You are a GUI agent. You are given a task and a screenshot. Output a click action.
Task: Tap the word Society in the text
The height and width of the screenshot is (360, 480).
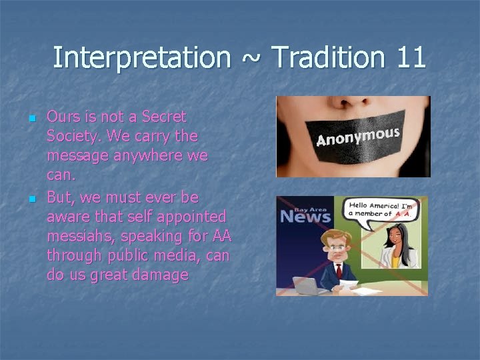click(x=73, y=137)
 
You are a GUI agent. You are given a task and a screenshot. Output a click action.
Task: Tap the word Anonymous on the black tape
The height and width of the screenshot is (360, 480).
click(x=357, y=136)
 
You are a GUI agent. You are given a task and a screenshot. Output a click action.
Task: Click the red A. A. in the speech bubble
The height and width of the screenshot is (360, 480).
click(x=410, y=213)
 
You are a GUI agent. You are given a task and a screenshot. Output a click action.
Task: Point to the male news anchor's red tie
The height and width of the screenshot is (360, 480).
click(x=339, y=270)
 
